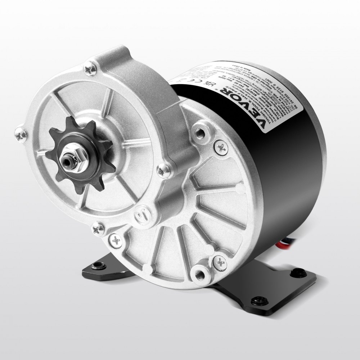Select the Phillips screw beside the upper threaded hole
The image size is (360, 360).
[220, 146]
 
